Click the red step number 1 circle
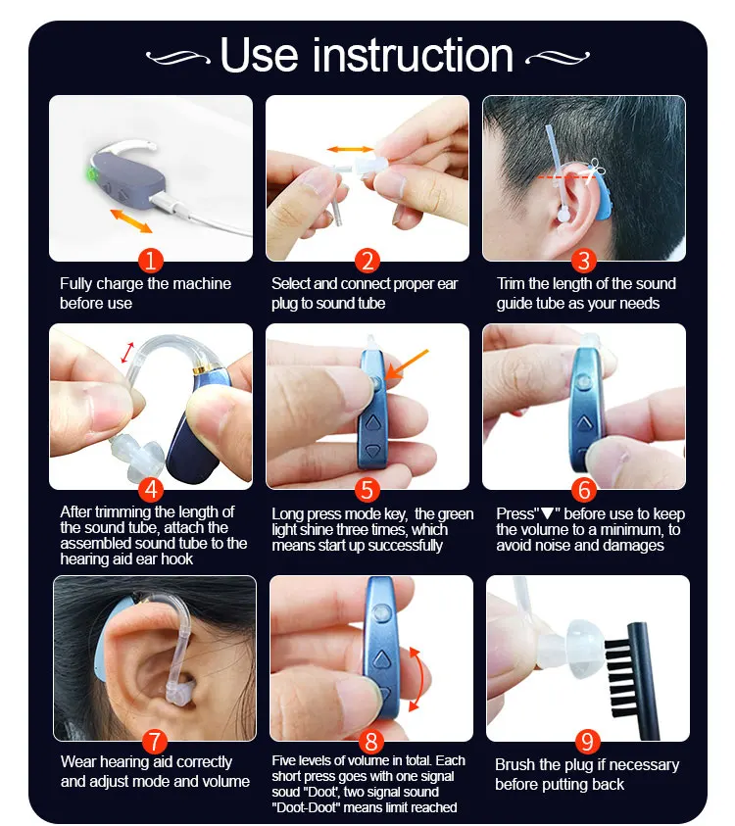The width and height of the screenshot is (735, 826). (151, 261)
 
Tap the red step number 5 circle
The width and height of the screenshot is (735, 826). (367, 489)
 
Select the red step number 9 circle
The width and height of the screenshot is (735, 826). (587, 742)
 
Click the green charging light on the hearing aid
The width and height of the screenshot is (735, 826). (92, 175)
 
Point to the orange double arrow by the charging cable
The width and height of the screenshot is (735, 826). (130, 220)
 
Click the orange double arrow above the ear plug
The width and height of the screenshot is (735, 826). (351, 149)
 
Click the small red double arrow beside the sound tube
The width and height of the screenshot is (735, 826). (127, 353)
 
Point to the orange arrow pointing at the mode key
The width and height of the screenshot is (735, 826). (407, 364)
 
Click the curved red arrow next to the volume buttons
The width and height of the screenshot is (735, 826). (416, 680)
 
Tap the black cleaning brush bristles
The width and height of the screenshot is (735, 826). (618, 673)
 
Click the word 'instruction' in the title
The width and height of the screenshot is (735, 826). (413, 55)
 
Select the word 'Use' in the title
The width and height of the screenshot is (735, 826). (260, 55)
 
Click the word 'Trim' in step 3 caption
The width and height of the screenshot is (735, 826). (511, 283)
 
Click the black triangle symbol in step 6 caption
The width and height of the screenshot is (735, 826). (548, 513)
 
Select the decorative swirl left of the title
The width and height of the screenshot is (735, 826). (177, 57)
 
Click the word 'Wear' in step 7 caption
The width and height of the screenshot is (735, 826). (78, 761)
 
